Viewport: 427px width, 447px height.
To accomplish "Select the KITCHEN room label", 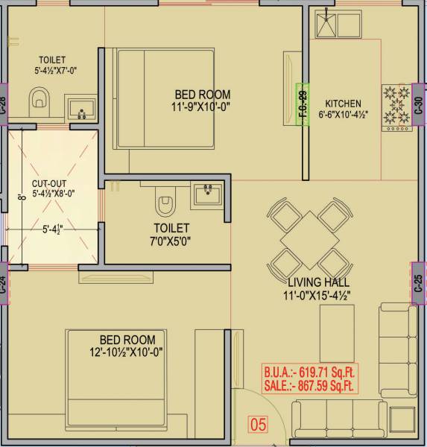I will pyautogui.click(x=343, y=104).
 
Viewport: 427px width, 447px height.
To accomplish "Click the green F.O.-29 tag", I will pyautogui.click(x=303, y=105).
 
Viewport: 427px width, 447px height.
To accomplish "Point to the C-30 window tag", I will pyautogui.click(x=419, y=105).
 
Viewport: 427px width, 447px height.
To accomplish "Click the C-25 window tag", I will pyautogui.click(x=419, y=283).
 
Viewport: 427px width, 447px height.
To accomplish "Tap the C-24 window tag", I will pyautogui.click(x=4, y=284).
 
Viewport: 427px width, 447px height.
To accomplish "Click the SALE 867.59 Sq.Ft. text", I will pyautogui.click(x=309, y=387).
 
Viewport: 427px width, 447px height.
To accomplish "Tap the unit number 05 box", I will pyautogui.click(x=257, y=426).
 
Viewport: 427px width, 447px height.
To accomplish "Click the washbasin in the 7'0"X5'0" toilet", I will pyautogui.click(x=208, y=195).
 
